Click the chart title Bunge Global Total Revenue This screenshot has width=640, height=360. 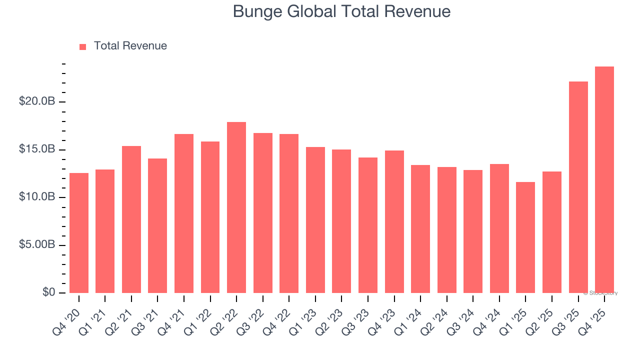tap(341, 11)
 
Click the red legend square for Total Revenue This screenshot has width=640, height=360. tap(83, 47)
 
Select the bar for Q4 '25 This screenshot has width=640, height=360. tap(604, 180)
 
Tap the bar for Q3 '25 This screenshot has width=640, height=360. tap(578, 187)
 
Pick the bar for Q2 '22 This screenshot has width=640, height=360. tap(236, 207)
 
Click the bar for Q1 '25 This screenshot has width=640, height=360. tap(525, 237)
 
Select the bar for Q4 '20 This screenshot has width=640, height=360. tap(79, 233)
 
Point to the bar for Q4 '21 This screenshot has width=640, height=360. tap(184, 213)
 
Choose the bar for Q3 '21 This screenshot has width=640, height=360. tap(157, 226)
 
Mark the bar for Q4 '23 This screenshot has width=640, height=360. tap(394, 222)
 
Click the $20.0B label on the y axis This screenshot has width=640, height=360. tap(37, 102)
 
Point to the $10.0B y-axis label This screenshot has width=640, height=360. tap(37, 197)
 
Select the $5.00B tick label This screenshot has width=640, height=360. tap(37, 245)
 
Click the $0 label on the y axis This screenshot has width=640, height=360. tap(48, 293)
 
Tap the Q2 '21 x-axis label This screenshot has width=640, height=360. tap(117, 320)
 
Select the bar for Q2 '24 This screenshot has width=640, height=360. tap(446, 230)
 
